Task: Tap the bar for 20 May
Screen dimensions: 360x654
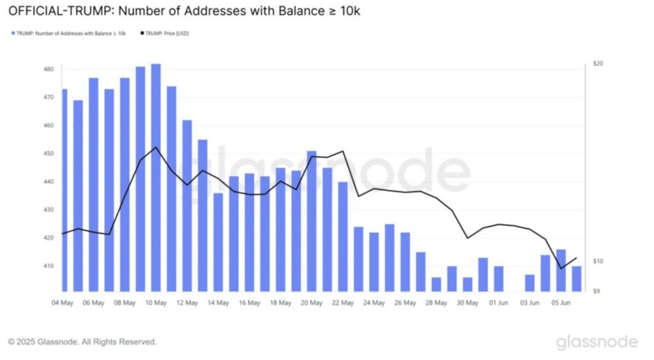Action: click(x=312, y=221)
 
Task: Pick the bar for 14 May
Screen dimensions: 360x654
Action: click(x=218, y=242)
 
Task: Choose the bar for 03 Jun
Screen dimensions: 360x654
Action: click(x=530, y=283)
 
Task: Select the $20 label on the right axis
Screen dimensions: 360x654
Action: click(x=598, y=64)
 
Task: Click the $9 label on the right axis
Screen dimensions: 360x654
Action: click(x=597, y=291)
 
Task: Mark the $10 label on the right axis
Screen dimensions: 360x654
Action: click(x=598, y=262)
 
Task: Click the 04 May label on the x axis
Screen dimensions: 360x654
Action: click(x=62, y=303)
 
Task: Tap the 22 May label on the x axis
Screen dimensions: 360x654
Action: click(x=343, y=303)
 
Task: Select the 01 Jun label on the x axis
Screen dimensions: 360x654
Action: click(x=499, y=303)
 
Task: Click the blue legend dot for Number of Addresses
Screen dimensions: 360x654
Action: click(x=13, y=33)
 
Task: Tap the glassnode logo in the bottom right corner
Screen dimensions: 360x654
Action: click(x=597, y=342)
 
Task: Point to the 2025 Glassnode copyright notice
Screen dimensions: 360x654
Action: click(x=82, y=342)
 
